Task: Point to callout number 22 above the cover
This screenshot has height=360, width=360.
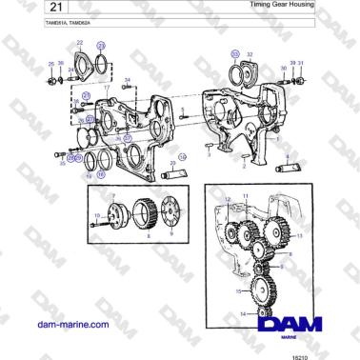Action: [x=79, y=44]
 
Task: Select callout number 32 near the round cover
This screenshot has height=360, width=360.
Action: [x=250, y=54]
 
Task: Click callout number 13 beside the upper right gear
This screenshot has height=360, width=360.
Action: [x=301, y=234]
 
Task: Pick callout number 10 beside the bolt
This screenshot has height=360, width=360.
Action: [x=97, y=216]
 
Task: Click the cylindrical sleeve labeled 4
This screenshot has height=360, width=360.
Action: [x=288, y=168]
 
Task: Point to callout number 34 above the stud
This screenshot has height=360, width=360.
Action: [x=128, y=80]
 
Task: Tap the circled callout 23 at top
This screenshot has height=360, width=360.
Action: [x=101, y=45]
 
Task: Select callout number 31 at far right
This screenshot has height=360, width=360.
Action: [x=301, y=63]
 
